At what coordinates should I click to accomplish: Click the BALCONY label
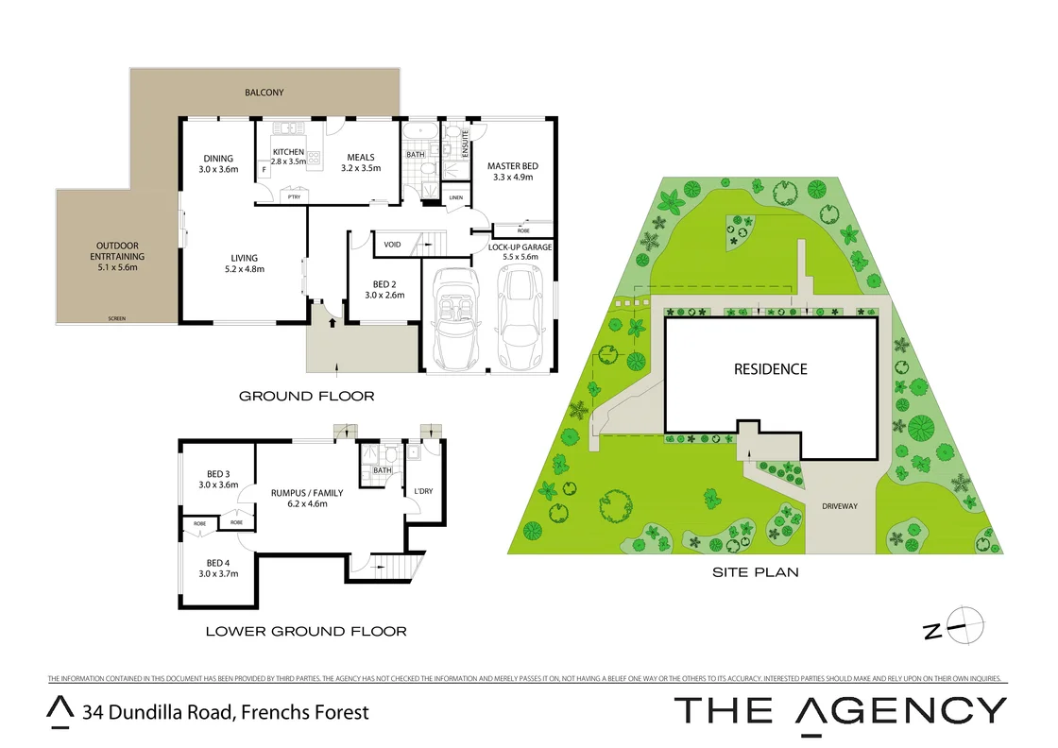tap(264, 93)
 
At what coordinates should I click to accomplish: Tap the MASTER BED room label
tap(510, 166)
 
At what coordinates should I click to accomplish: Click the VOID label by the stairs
tap(392, 245)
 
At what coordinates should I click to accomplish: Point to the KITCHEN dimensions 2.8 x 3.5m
tap(289, 162)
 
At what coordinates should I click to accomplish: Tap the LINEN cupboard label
tap(456, 197)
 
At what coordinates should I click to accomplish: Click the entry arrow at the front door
tap(332, 322)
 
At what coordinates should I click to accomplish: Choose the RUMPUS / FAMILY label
tap(307, 493)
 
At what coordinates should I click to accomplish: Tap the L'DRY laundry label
tap(423, 491)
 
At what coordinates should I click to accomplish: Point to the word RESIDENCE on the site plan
tap(771, 369)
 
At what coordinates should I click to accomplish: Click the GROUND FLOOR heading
tap(306, 396)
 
